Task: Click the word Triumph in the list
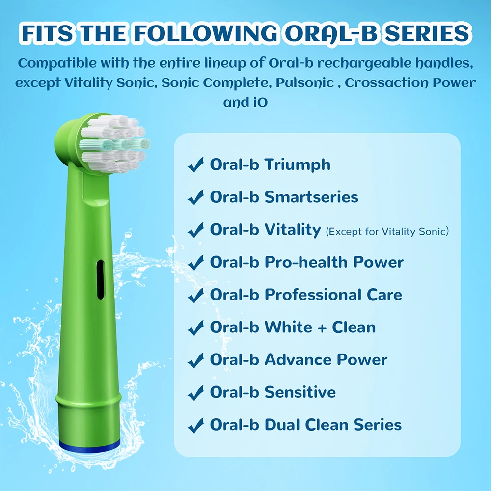point(298,164)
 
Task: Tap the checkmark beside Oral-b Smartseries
point(195,198)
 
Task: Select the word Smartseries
point(311,197)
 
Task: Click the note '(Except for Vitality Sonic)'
point(387,231)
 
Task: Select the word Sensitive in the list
point(300,392)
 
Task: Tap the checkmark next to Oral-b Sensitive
point(195,393)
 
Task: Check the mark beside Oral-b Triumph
point(195,165)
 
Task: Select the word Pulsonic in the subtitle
point(304,82)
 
